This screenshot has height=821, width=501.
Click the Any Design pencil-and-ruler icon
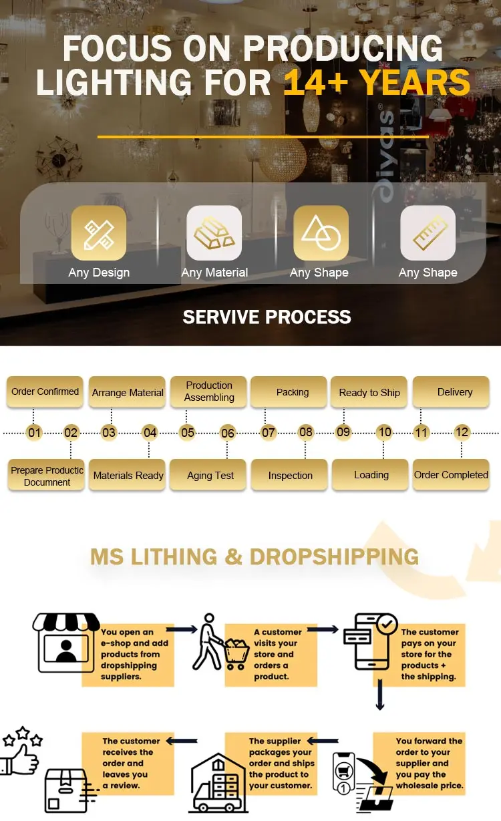pos(99,232)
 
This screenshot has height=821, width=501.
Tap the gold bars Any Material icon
pos(214,232)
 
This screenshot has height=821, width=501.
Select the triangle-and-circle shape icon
pos(321,232)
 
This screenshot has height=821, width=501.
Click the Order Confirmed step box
pos(45,392)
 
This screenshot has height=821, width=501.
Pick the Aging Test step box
pos(210,475)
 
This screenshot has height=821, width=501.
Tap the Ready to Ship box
pos(369,392)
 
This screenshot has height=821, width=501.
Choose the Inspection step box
pos(291,475)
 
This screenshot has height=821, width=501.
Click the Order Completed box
pos(451,475)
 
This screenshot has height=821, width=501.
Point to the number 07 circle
pos(269,433)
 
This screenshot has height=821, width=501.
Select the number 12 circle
pos(462,432)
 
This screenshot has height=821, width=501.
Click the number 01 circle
pos(34,433)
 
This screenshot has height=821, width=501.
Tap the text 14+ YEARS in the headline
pos(377,83)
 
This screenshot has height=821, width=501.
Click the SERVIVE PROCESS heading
pos(267,317)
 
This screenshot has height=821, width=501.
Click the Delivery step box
pos(454,392)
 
